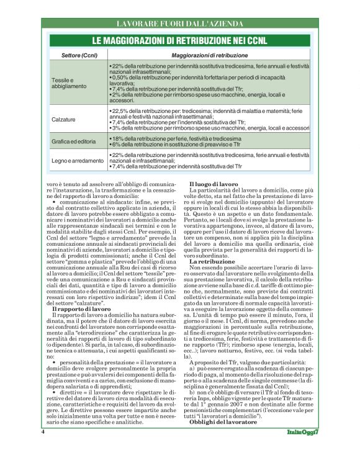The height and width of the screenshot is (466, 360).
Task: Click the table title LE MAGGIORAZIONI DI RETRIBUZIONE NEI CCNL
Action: click(179, 40)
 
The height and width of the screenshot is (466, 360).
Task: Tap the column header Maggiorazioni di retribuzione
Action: click(208, 56)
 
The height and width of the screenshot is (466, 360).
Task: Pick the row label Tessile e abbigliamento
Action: click(65, 83)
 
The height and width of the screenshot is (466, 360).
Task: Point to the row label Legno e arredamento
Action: click(77, 161)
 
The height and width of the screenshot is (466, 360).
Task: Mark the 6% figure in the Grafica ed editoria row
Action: click(115, 143)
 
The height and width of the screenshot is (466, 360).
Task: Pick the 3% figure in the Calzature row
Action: click(115, 128)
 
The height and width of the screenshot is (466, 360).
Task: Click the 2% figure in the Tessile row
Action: click(115, 94)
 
